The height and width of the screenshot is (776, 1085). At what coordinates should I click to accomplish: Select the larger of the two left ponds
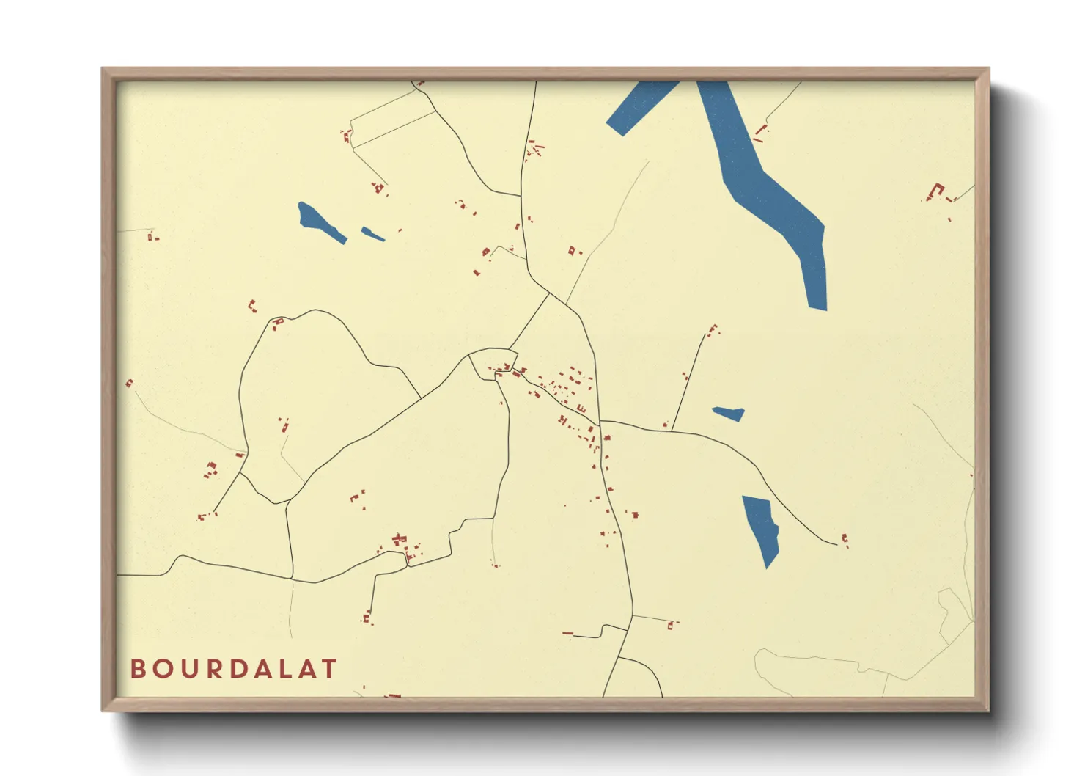click(x=320, y=222)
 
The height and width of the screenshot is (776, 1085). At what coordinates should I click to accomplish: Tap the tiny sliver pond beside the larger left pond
click(x=372, y=235)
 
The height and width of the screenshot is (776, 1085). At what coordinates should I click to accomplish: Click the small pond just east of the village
click(x=729, y=414)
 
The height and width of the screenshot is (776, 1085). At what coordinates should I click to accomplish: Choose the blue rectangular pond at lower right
click(x=761, y=528)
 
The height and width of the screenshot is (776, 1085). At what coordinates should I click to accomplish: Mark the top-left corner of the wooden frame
click(x=104, y=70)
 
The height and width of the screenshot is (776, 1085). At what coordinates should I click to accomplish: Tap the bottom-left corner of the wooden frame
click(x=104, y=709)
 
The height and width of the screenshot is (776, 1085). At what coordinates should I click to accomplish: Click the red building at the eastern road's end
click(x=845, y=540)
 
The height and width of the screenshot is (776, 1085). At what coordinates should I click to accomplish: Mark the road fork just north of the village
click(x=549, y=294)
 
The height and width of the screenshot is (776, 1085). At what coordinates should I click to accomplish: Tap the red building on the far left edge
click(x=130, y=383)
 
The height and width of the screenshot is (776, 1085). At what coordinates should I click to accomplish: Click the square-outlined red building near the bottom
click(x=670, y=626)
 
